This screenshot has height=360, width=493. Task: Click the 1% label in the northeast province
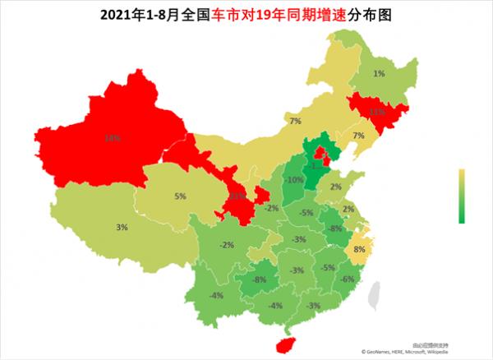click(x=379, y=73)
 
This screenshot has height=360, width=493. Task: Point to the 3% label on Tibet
click(x=122, y=227)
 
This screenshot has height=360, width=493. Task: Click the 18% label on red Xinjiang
click(x=108, y=138)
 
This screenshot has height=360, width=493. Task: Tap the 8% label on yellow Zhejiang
click(x=358, y=249)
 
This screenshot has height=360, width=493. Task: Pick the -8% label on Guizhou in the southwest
click(x=259, y=279)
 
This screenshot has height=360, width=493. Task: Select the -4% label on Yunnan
click(x=217, y=295)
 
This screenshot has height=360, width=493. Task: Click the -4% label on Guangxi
click(x=275, y=306)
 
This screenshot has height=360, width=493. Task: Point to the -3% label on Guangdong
click(x=312, y=306)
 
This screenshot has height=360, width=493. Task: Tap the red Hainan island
click(x=284, y=345)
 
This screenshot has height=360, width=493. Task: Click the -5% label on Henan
click(x=306, y=213)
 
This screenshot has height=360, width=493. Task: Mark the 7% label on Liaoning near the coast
click(x=358, y=136)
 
